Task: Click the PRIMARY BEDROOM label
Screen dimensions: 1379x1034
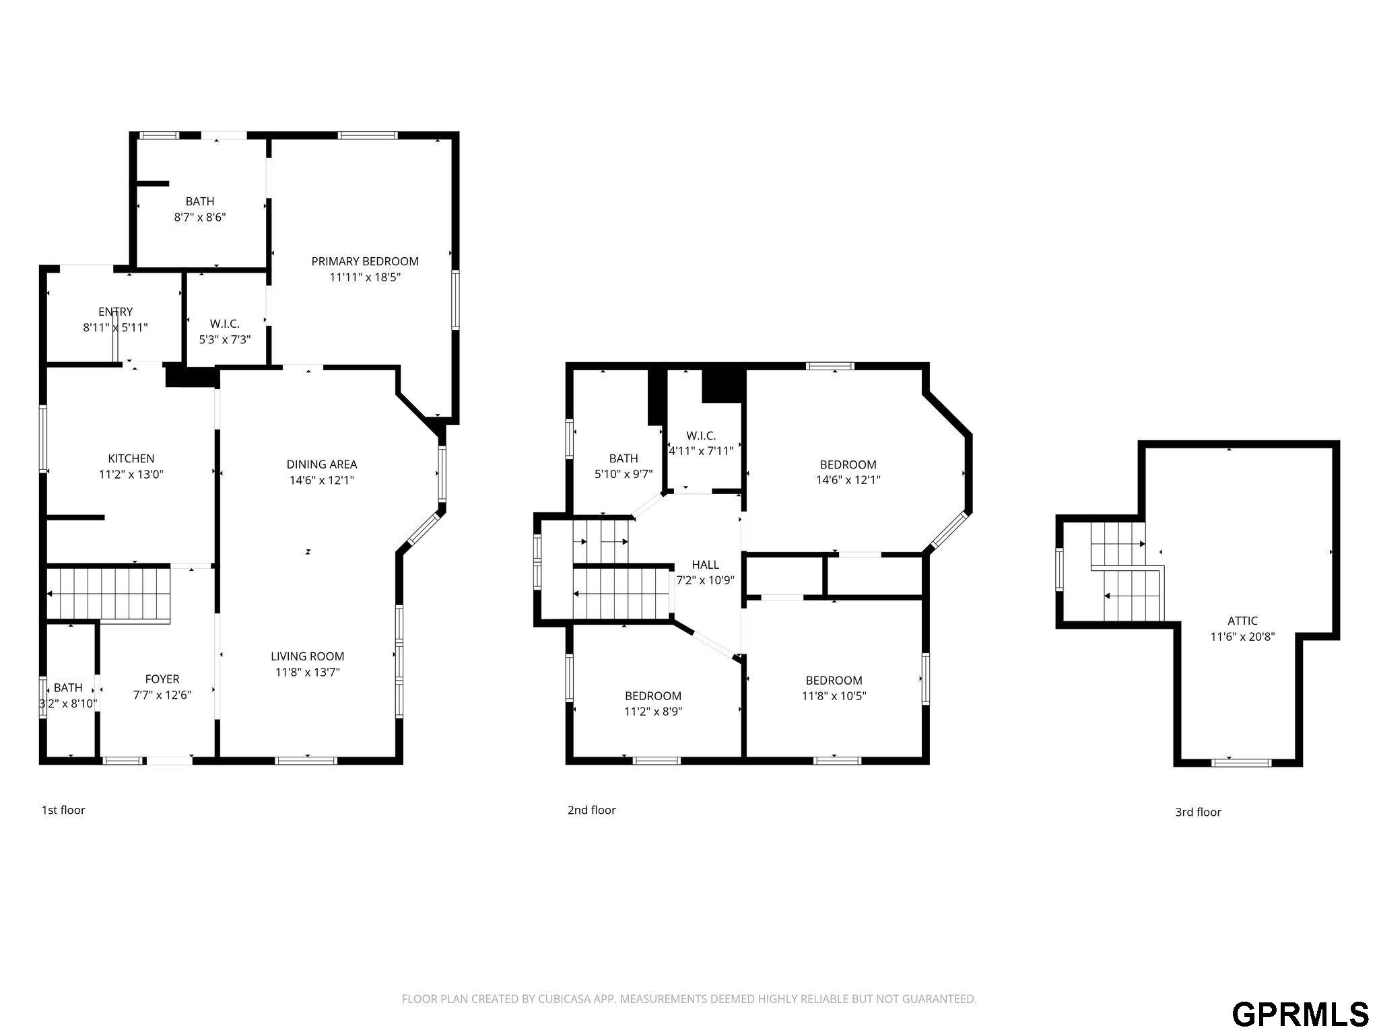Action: pyautogui.click(x=365, y=261)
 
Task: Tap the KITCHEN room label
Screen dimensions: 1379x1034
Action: pyautogui.click(x=131, y=459)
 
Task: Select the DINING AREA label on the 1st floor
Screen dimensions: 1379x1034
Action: pyautogui.click(x=322, y=464)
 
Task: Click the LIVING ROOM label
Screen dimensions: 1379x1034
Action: pyautogui.click(x=308, y=656)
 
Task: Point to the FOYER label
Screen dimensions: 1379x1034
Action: pyautogui.click(x=162, y=679)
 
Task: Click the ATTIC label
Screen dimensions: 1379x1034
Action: pyautogui.click(x=1243, y=621)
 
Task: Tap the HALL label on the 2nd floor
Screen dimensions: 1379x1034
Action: pyautogui.click(x=706, y=565)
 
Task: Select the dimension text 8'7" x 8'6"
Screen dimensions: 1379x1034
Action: pyautogui.click(x=200, y=217)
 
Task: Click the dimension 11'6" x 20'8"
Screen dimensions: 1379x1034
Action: pyautogui.click(x=1243, y=637)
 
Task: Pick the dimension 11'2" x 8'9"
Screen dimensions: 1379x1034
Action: pyautogui.click(x=653, y=712)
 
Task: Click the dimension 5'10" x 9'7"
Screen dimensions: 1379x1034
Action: pyautogui.click(x=624, y=474)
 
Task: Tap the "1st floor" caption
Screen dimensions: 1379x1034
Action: pyautogui.click(x=63, y=810)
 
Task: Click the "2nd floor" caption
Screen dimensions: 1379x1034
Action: pyautogui.click(x=592, y=810)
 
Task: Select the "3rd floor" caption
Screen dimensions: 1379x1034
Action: pyautogui.click(x=1199, y=812)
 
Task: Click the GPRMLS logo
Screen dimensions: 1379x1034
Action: pyautogui.click(x=1301, y=1014)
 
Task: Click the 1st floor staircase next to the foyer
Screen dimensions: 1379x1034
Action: pyautogui.click(x=109, y=594)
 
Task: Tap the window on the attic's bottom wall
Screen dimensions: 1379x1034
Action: pyautogui.click(x=1242, y=763)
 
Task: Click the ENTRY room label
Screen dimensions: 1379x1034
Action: pyautogui.click(x=116, y=312)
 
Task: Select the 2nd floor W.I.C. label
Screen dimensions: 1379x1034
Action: pyautogui.click(x=702, y=436)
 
